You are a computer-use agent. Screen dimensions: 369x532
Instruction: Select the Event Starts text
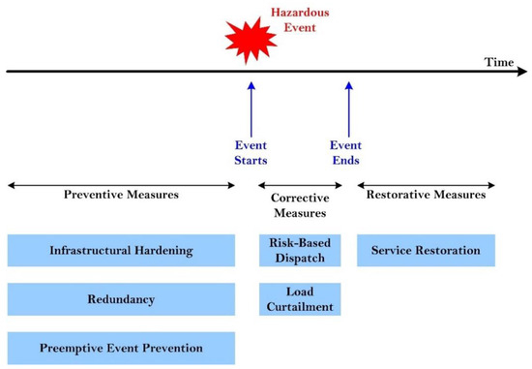point(251,152)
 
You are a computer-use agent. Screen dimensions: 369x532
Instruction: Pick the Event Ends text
point(346,152)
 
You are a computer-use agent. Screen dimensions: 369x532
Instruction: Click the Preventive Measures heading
point(121,194)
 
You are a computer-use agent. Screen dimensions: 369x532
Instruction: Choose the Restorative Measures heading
point(426,194)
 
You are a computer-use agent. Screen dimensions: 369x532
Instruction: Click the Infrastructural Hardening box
point(121,250)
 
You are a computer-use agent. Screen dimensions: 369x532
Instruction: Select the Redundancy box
point(121,299)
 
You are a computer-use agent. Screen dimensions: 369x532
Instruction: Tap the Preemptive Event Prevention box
point(121,347)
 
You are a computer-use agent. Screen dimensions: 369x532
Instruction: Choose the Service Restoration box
point(426,250)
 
